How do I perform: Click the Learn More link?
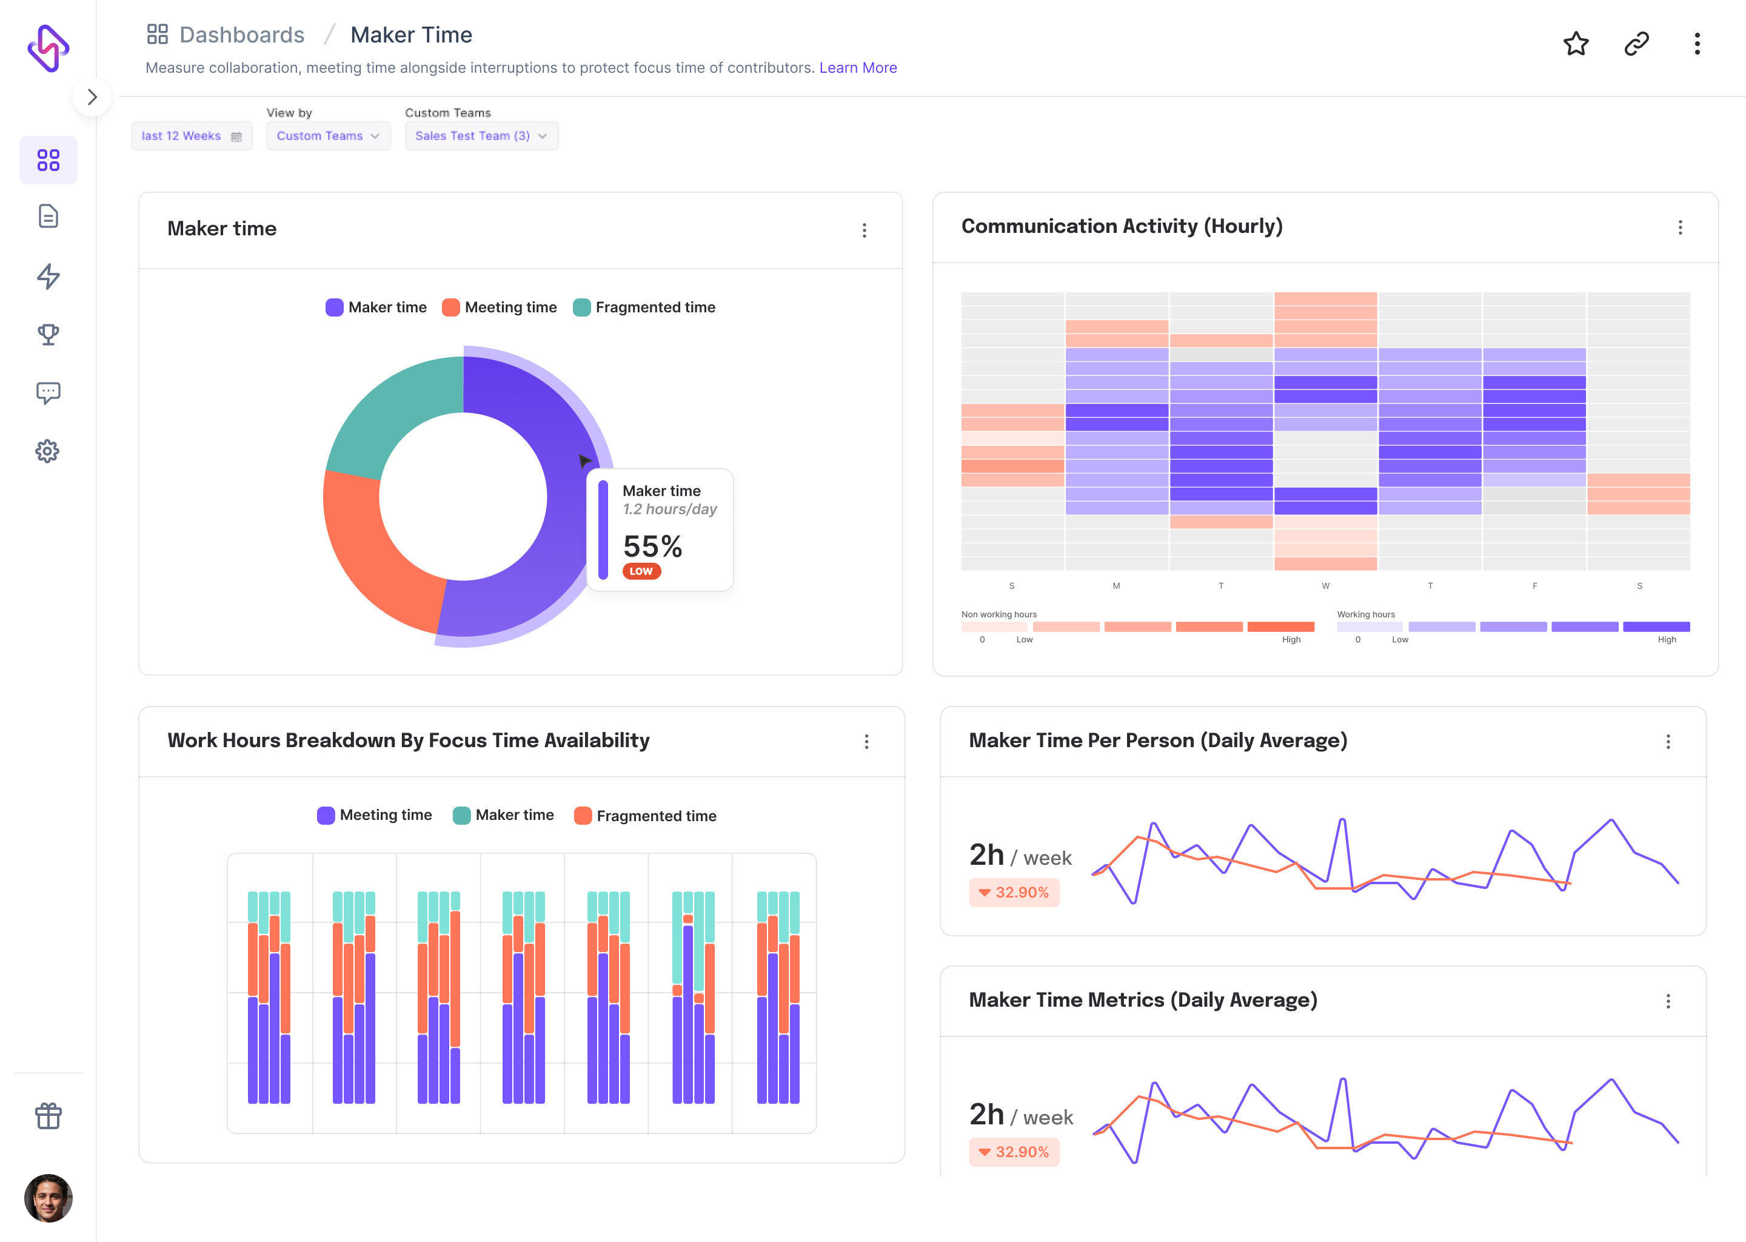[858, 68]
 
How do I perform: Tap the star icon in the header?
[1576, 44]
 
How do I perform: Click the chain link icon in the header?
[1636, 44]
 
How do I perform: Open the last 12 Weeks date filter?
[191, 136]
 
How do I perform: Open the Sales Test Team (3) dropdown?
[481, 136]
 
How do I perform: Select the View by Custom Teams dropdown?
[328, 136]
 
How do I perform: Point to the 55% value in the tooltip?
[652, 546]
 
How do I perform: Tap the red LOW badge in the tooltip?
[641, 571]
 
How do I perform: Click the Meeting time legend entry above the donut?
[500, 307]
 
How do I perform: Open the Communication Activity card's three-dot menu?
[1679, 228]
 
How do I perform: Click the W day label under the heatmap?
[1325, 586]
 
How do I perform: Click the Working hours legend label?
[1365, 614]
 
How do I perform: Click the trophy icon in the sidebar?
[48, 334]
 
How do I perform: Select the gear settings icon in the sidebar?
[48, 451]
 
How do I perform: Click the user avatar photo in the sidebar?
[48, 1198]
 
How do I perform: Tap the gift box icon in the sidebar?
[48, 1116]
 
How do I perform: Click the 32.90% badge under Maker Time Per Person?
[1014, 893]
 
